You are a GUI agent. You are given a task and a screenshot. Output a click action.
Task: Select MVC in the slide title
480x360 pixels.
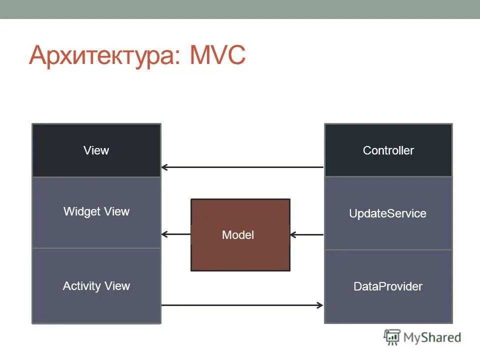click(218, 55)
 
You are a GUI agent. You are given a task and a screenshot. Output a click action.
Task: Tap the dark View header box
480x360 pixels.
click(96, 150)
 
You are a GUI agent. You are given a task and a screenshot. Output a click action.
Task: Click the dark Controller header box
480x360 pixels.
click(388, 150)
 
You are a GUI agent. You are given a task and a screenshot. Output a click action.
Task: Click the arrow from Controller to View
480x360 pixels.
click(242, 167)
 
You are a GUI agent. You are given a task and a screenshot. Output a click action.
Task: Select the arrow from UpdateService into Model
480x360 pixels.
click(307, 234)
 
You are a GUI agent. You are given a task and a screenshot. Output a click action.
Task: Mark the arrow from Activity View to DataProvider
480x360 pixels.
click(242, 304)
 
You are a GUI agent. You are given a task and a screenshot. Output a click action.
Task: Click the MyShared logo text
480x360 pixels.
click(432, 338)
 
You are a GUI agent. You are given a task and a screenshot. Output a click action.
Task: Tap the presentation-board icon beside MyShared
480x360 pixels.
click(392, 337)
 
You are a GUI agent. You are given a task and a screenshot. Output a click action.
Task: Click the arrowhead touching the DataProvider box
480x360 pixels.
click(320, 304)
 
